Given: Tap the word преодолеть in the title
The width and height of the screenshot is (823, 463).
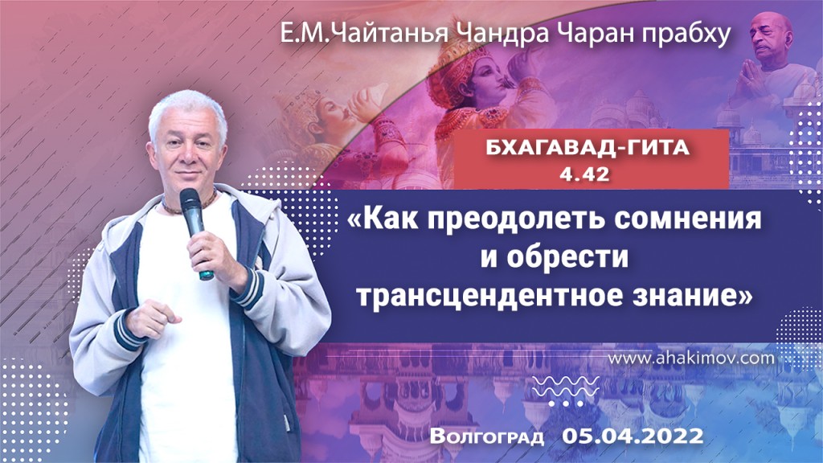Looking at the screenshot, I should (497, 219).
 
